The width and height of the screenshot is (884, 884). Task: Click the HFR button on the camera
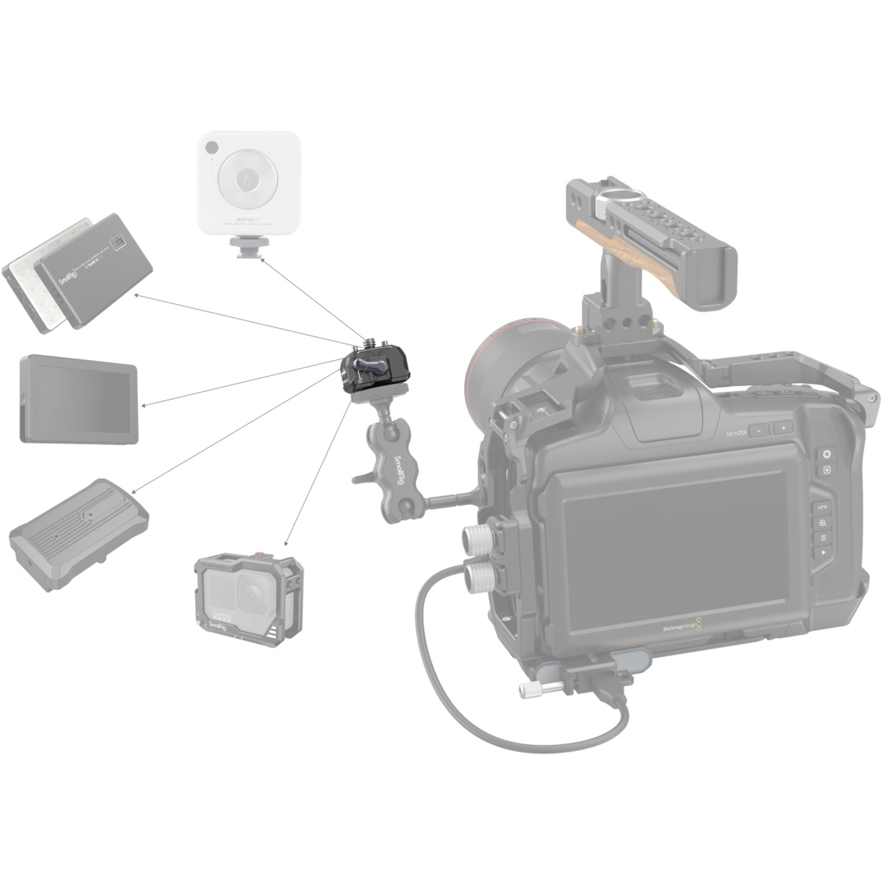point(822,507)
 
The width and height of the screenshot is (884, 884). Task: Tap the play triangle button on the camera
point(823,553)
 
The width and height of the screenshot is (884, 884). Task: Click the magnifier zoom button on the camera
point(822,523)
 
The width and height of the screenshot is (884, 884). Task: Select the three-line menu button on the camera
point(823,537)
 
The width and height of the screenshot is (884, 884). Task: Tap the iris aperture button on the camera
point(826,454)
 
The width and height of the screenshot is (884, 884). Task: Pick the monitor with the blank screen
point(79,398)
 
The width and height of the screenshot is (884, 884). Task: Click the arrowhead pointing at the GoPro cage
point(286,543)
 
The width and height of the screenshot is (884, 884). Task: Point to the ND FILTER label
point(736,433)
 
